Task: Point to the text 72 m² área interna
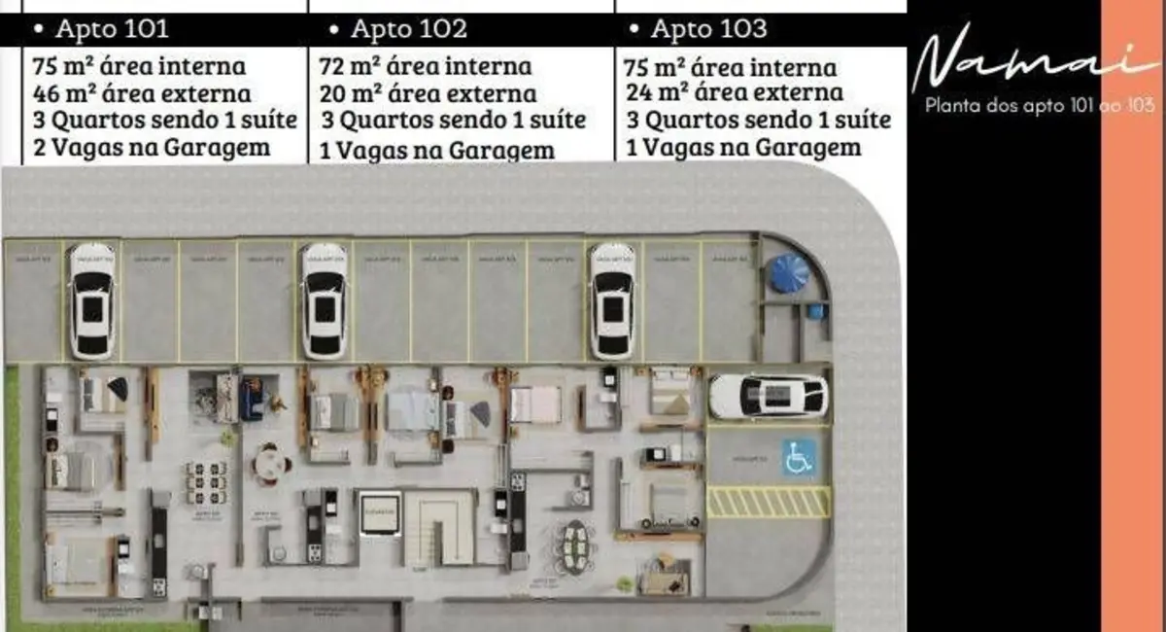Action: pos(426,67)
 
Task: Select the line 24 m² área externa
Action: pos(735,93)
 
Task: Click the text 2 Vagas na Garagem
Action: pos(151,148)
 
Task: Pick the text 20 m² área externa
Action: pos(428,94)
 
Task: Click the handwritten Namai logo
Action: pos(1020,63)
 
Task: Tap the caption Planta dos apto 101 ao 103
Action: pos(1040,106)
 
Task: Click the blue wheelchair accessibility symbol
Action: pos(798,456)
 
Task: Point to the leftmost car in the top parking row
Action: pos(92,300)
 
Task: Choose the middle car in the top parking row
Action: pos(324,300)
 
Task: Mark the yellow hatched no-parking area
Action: pos(768,502)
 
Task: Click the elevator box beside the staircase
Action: pos(379,512)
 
